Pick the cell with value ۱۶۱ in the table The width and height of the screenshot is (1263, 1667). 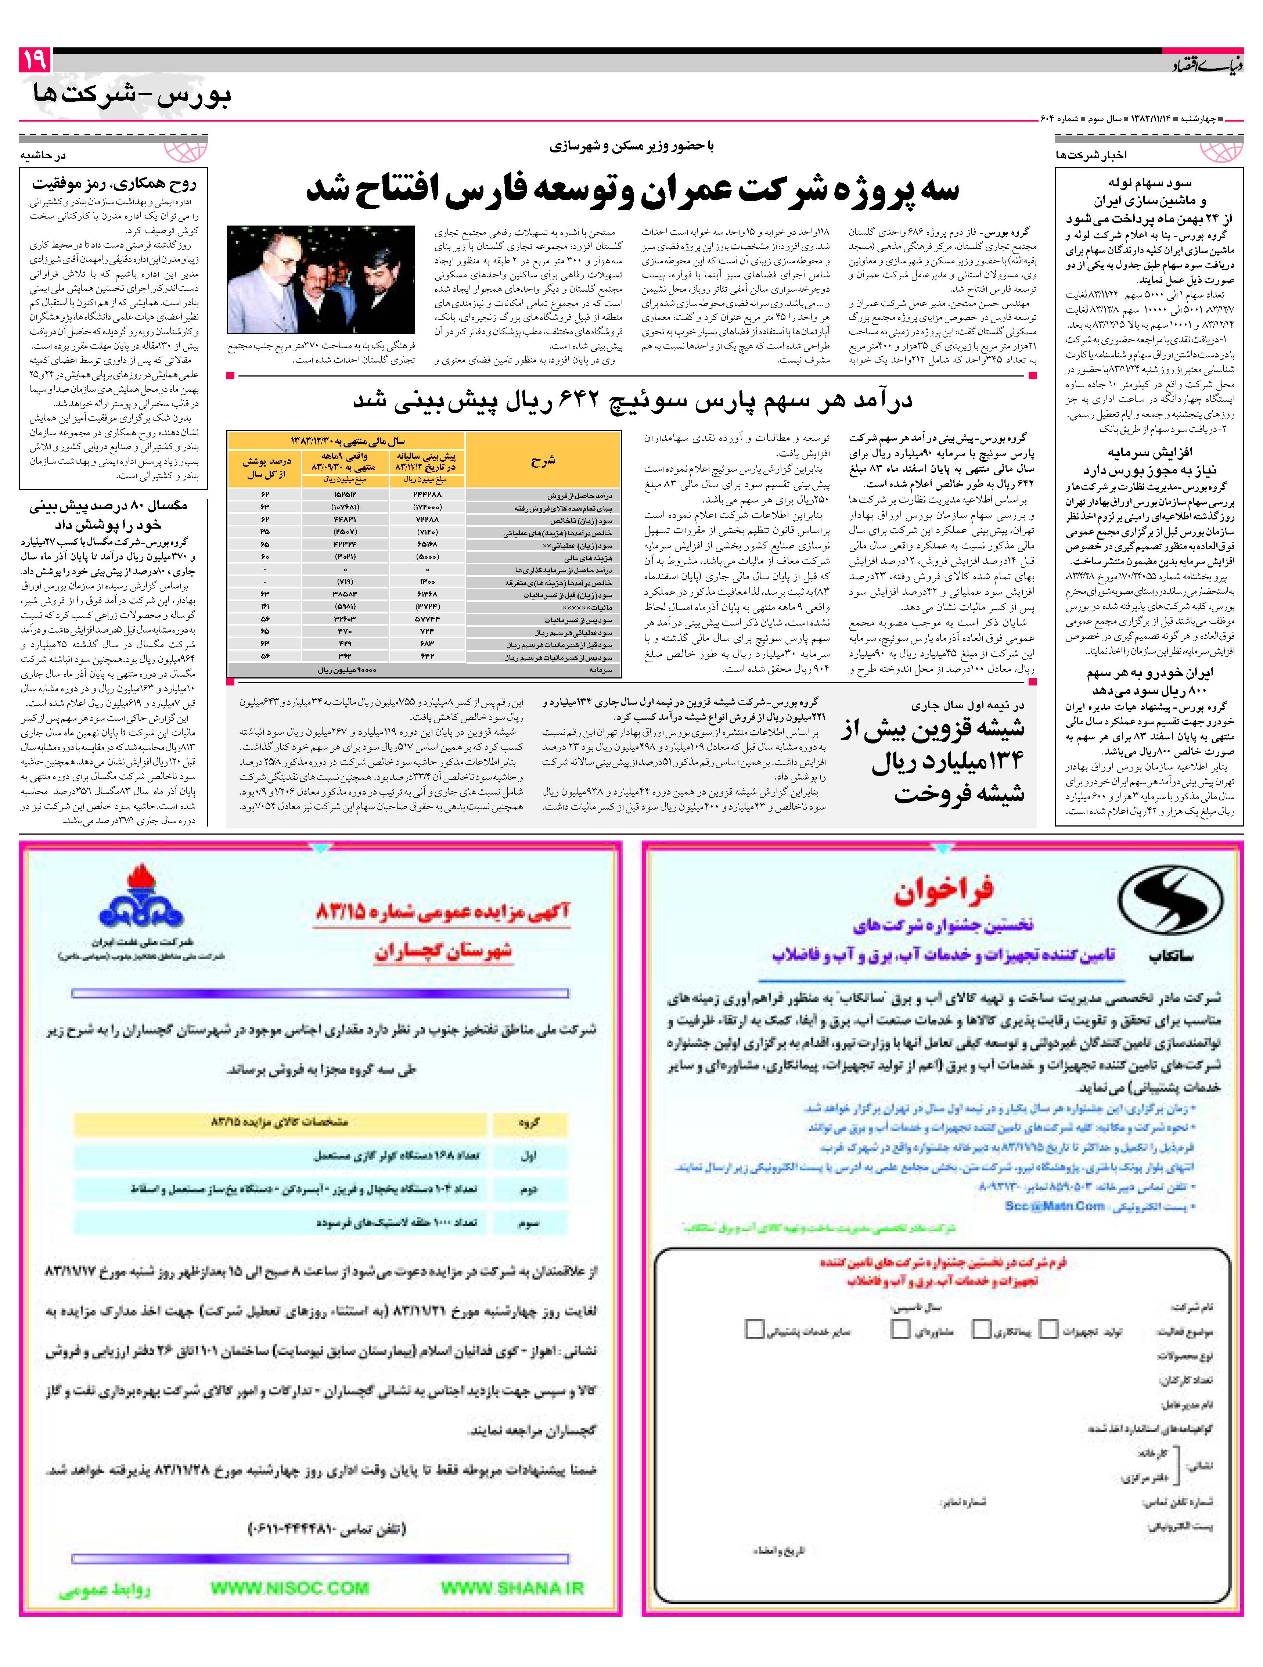click(x=265, y=606)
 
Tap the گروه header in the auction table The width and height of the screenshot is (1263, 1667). click(x=529, y=1123)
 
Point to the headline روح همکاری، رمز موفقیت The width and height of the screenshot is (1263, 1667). click(x=114, y=183)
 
